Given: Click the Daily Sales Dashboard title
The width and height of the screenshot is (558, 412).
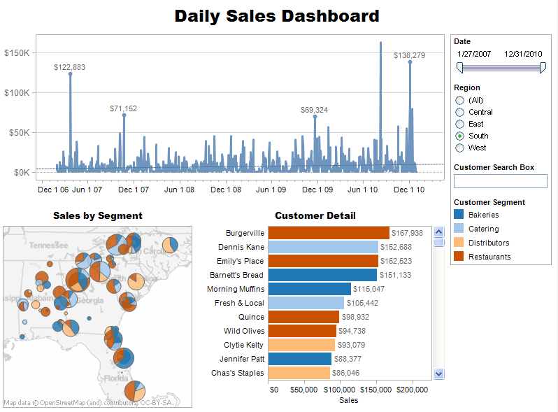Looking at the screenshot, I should click(x=277, y=16).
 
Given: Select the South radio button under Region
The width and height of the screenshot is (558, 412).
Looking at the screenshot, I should click(x=459, y=136).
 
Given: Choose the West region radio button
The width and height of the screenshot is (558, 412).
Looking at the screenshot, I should click(x=459, y=148).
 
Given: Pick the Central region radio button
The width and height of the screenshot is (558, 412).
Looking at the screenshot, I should click(x=459, y=112).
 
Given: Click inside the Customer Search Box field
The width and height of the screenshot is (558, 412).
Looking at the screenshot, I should click(x=500, y=181).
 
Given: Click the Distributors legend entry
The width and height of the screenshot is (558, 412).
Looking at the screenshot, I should click(x=489, y=243).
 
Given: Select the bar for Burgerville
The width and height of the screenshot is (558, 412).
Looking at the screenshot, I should click(x=328, y=233).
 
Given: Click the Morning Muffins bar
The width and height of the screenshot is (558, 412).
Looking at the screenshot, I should click(x=309, y=289).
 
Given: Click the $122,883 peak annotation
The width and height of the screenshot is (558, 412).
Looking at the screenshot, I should click(x=69, y=67).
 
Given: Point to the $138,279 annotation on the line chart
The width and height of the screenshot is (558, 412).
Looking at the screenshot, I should click(x=409, y=55).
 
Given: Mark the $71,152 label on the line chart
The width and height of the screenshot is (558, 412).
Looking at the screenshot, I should click(x=123, y=108).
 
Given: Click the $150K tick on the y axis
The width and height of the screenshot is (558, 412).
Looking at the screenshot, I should click(x=16, y=52).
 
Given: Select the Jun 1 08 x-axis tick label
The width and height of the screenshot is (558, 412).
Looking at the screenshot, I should click(x=179, y=190).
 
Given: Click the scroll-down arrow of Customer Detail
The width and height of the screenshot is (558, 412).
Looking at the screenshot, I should click(x=439, y=374).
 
